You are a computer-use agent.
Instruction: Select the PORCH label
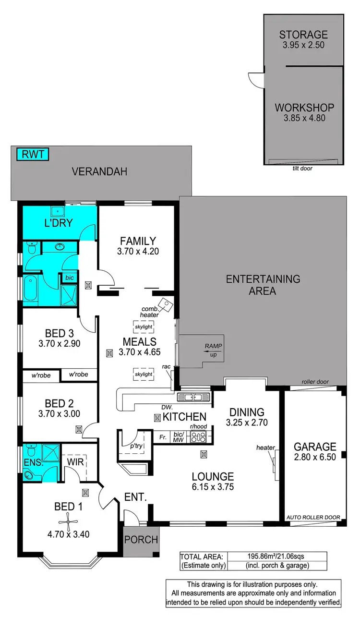point(141,540)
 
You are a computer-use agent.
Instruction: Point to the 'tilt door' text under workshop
point(302,169)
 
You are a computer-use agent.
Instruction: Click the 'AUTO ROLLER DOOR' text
point(313,517)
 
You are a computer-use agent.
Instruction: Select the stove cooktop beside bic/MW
point(198,437)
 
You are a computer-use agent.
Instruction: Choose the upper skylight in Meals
point(144,327)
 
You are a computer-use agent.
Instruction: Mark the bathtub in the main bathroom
point(30,289)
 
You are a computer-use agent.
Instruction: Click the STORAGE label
point(303,35)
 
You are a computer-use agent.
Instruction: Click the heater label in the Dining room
point(265,448)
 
